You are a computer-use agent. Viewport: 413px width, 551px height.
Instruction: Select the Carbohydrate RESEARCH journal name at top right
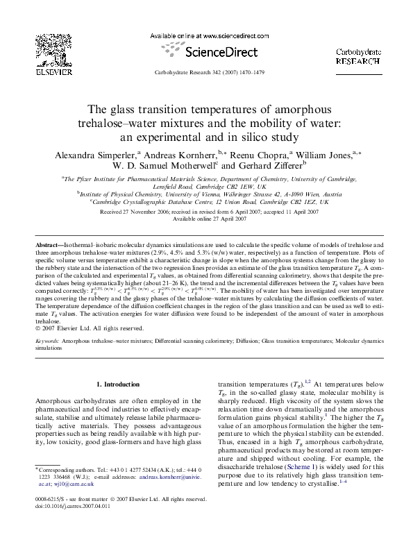[x=358, y=56]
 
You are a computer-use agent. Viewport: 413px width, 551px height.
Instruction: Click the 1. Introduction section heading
[x=118, y=384]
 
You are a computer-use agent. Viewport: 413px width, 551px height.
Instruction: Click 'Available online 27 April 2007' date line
[x=206, y=219]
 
